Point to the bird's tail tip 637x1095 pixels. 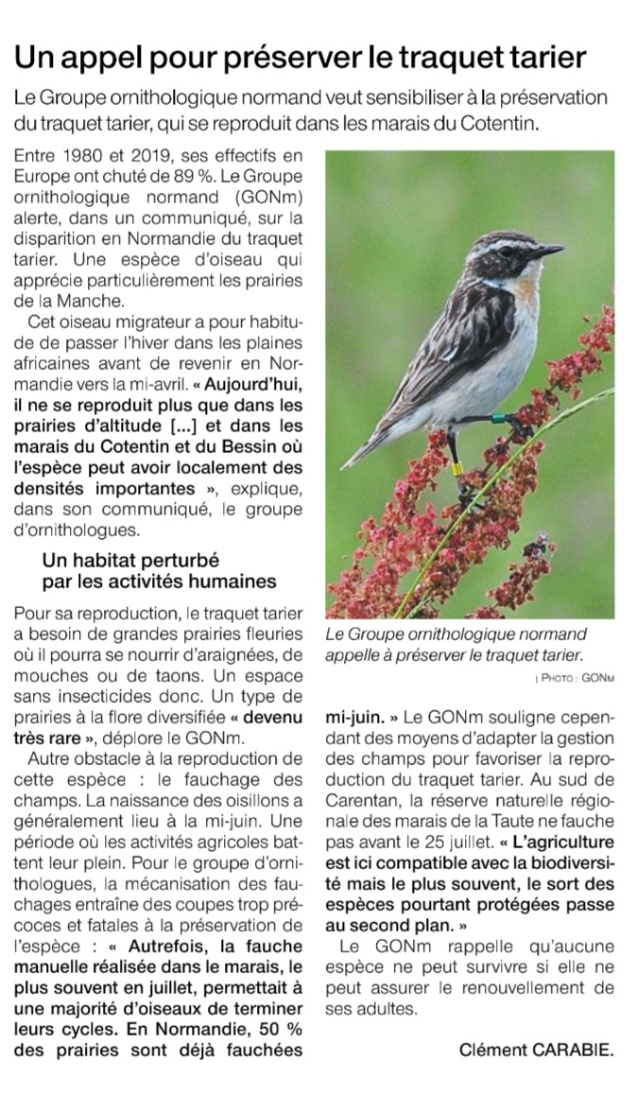pos(351,462)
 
